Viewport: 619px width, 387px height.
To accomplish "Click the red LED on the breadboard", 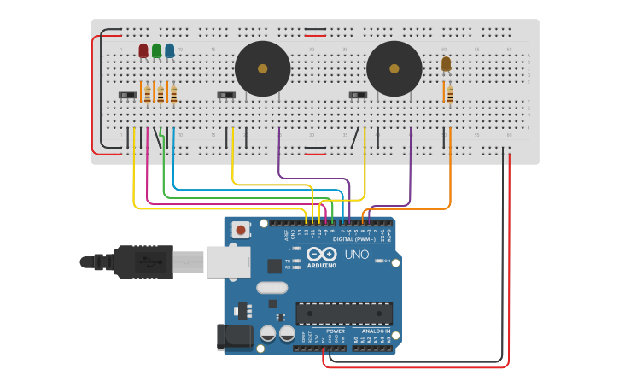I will [143, 51].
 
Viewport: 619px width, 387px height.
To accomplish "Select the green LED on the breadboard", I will [156, 51].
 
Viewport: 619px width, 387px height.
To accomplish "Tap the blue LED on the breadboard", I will [170, 51].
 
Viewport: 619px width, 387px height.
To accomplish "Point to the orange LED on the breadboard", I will [446, 64].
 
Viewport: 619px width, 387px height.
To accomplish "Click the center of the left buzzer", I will [262, 68].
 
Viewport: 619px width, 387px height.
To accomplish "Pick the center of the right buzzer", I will [394, 68].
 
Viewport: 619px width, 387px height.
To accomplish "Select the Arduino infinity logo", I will [321, 255].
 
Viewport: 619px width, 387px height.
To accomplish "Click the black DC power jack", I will [235, 337].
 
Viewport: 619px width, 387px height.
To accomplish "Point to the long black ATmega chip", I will [344, 314].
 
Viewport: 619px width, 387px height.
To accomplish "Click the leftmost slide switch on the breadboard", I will [126, 95].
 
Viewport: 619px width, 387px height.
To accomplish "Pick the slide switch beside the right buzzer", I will [358, 95].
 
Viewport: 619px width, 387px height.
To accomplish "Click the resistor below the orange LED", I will [450, 93].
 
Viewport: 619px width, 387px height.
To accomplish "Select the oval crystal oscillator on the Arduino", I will [272, 288].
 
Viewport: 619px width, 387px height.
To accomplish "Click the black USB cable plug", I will [137, 261].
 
